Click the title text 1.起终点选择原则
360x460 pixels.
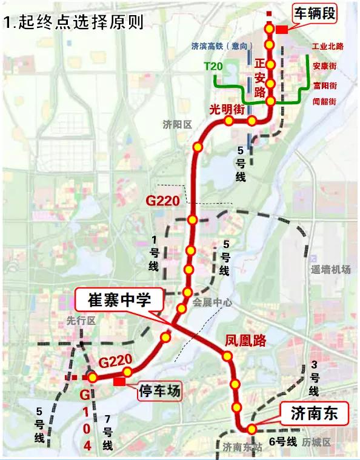pos(73,24)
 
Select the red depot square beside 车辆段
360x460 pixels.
pos(281,30)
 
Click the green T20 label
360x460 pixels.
pos(213,66)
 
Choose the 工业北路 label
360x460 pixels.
pos(327,46)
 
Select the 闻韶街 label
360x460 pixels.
pos(325,101)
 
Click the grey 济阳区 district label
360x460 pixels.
pos(177,125)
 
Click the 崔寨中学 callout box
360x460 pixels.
pos(119,299)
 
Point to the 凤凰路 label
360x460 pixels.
pos(245,341)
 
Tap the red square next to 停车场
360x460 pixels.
pos(119,381)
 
